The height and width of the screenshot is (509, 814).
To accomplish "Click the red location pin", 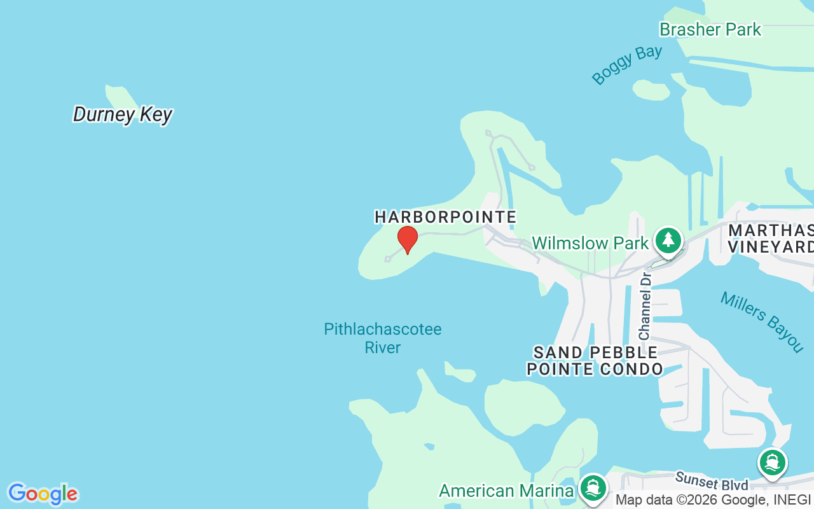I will [x=408, y=239].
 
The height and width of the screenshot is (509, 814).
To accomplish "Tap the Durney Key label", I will [x=123, y=115].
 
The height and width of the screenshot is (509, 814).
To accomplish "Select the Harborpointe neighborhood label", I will [x=445, y=217].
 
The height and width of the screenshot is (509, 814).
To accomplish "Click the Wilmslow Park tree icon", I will [x=668, y=241].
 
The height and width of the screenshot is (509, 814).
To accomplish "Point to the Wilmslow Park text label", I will [x=590, y=243].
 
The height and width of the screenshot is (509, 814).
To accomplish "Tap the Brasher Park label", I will [x=710, y=29].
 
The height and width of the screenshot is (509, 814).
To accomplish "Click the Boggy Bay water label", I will [x=627, y=64].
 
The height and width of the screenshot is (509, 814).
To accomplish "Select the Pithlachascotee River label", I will [x=382, y=338].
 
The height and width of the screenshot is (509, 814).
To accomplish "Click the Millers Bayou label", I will [x=762, y=321].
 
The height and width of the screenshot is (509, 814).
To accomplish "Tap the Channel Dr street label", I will [x=645, y=306].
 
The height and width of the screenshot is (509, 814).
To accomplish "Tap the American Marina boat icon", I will [x=593, y=488].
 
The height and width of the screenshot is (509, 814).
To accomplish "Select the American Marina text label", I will [x=506, y=491].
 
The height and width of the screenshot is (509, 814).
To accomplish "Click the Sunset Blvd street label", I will [x=712, y=482].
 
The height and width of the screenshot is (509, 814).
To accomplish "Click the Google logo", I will [x=43, y=494].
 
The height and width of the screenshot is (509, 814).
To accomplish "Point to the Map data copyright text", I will [x=713, y=500].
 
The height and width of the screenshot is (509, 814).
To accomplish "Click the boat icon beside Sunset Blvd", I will [x=773, y=463].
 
